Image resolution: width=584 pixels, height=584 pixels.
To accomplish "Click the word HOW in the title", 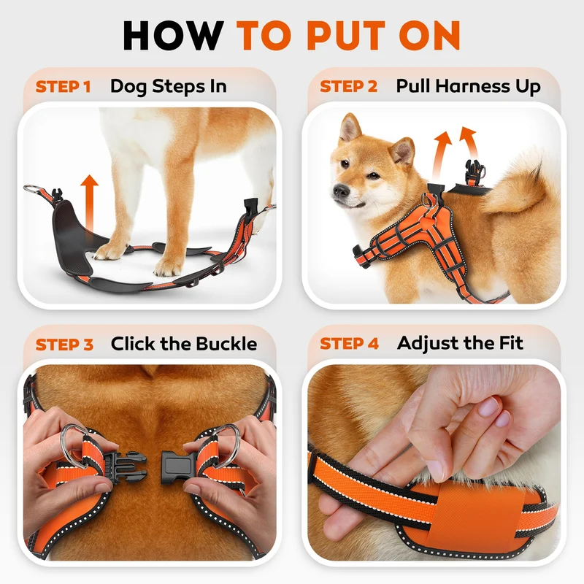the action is tap(173, 35).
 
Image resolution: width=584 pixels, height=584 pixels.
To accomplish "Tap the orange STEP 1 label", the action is tap(64, 87).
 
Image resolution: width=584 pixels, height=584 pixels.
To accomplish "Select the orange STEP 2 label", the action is tap(349, 86).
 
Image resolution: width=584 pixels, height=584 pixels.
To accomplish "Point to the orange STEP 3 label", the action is tap(64, 345).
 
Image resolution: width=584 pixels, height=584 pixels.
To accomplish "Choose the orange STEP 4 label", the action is tap(350, 343).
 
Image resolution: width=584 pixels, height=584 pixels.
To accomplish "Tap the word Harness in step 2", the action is tap(473, 86).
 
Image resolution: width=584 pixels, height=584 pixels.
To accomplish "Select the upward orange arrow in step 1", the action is tap(89, 203).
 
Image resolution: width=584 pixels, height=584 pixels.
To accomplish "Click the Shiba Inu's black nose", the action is tap(340, 191).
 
